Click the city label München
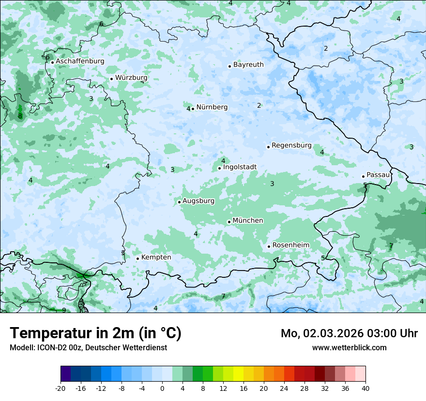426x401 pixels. point(248,221)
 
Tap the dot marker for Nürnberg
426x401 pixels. point(193,109)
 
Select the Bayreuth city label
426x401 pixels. point(248,65)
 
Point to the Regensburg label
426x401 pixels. point(291,145)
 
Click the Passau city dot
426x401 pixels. point(363,176)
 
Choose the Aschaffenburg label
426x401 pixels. point(80,61)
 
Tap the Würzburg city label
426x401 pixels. point(131,78)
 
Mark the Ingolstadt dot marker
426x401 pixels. point(219,169)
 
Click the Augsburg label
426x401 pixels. point(198,201)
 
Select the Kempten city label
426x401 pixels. point(156,258)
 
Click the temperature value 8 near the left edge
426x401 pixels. point(20,116)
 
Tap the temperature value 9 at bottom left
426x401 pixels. point(64,310)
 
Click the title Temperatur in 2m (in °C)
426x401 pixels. point(95,333)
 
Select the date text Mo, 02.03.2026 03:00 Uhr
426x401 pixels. point(349,333)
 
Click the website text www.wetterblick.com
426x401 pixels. point(349,348)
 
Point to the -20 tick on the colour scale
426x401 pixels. point(61,388)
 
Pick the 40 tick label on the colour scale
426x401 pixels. point(365,388)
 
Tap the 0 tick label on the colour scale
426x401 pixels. point(162,388)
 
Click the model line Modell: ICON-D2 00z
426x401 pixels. point(88,348)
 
